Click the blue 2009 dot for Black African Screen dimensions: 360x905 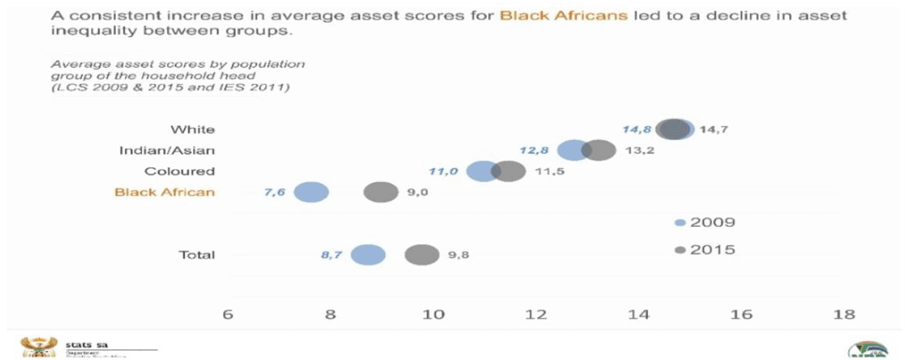click(x=311, y=192)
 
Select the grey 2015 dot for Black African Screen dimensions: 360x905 click(x=381, y=192)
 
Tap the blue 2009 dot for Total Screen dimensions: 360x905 click(x=368, y=255)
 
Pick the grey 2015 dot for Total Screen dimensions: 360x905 click(x=422, y=255)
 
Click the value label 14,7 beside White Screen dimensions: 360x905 click(x=713, y=130)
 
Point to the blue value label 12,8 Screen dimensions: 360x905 click(x=533, y=150)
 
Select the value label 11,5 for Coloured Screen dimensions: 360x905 click(x=549, y=171)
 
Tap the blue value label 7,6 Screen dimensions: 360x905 click(x=275, y=192)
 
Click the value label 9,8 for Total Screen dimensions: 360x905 click(x=459, y=255)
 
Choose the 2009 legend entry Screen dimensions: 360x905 click(x=706, y=222)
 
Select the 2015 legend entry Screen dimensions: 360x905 click(x=706, y=250)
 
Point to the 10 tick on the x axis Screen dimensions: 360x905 click(x=433, y=315)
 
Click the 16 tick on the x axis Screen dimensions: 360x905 click(x=741, y=315)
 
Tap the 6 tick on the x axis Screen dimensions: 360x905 click(x=228, y=315)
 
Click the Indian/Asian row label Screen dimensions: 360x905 click(x=167, y=150)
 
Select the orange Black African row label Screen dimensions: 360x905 click(x=164, y=192)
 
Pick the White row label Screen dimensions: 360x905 click(x=193, y=130)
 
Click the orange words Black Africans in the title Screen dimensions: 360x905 click(x=564, y=15)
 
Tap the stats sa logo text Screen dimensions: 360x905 click(x=86, y=345)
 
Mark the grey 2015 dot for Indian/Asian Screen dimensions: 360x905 click(x=599, y=150)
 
